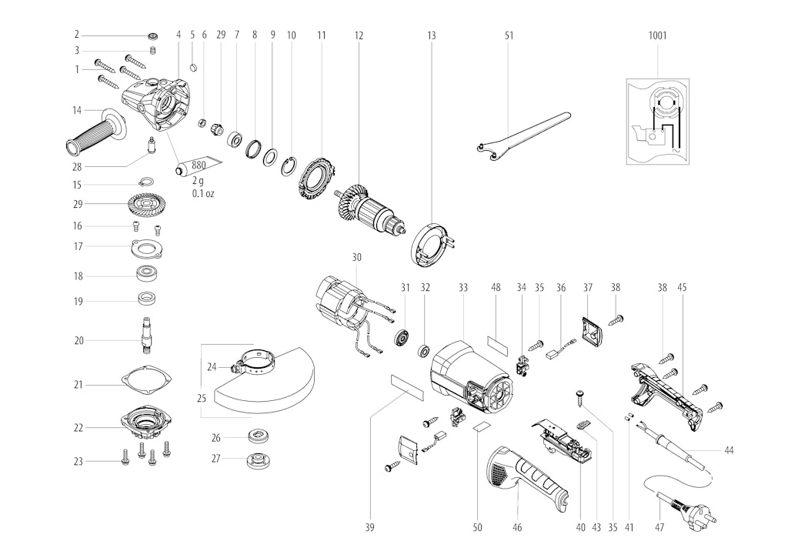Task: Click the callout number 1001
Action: pos(657,35)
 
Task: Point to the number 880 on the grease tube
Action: pos(199,165)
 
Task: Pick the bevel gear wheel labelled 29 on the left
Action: pos(145,204)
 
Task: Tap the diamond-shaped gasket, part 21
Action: pos(148,384)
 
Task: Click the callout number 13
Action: pos(431,35)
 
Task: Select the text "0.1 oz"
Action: pos(203,193)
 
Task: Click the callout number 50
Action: pos(477,527)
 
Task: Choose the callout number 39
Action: pos(370,527)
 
